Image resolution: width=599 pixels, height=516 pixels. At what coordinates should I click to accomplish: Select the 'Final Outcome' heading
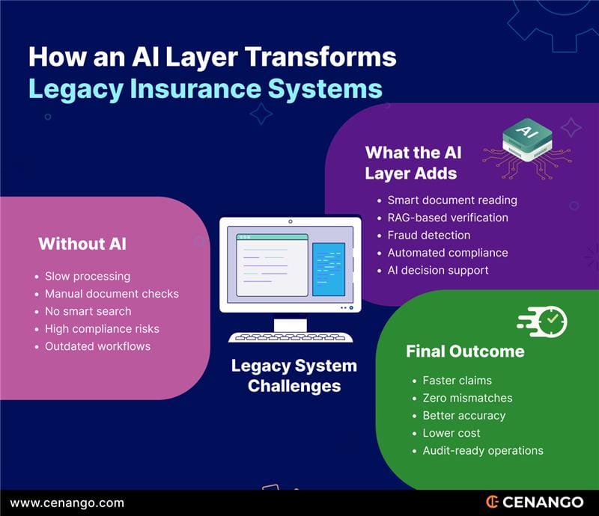(464, 351)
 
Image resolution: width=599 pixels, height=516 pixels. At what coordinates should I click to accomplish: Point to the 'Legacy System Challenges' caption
(294, 376)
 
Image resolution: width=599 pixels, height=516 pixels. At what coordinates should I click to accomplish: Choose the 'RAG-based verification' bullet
(448, 218)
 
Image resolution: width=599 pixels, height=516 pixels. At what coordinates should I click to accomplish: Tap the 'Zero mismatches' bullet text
(467, 398)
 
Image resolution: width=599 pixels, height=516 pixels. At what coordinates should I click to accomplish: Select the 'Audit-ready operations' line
(483, 450)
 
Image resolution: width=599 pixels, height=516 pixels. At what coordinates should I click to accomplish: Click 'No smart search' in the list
(88, 311)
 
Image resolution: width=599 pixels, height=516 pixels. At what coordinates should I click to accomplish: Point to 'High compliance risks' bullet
(102, 329)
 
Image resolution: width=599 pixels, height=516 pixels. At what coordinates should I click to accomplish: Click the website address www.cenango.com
(67, 503)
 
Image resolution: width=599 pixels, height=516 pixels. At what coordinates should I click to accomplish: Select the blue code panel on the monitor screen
(329, 269)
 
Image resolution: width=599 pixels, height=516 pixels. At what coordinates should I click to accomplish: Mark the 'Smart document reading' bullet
(452, 200)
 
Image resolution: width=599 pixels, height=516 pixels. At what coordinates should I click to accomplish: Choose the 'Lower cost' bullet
(451, 433)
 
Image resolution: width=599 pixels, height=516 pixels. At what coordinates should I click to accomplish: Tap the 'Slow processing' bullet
(88, 277)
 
